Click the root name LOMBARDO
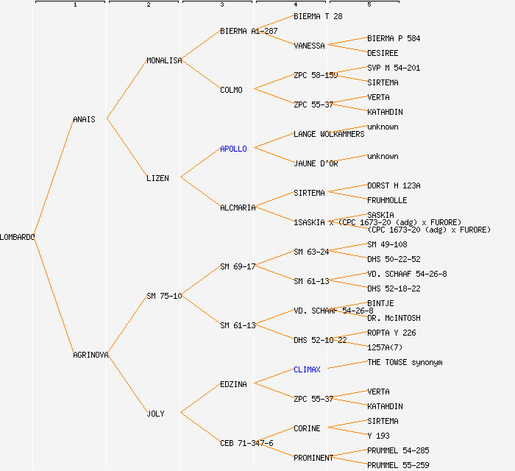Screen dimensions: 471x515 point(18,237)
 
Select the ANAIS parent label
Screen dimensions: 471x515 point(84,119)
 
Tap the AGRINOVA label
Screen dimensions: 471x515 point(90,355)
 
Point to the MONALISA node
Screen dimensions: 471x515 point(164,60)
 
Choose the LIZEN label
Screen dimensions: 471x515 point(157,178)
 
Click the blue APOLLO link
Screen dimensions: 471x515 point(233,149)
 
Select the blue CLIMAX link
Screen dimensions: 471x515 point(307,369)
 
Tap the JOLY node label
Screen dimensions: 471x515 point(155,414)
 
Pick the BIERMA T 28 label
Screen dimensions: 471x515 point(318,16)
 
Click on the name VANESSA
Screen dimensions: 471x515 point(309,46)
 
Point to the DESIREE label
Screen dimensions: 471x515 point(383,53)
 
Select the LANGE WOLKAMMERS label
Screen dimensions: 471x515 point(329,134)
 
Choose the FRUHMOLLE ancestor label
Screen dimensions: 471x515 point(387,200)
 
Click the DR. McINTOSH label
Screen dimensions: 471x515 point(394,318)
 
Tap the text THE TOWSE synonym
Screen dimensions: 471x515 point(405,362)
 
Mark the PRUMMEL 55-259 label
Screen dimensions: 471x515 point(398,465)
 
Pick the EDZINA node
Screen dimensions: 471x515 point(233,384)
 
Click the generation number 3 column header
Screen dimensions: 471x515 point(221,5)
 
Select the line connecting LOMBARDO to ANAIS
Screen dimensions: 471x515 point(53,177)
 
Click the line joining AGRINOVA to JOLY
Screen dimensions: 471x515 point(127,383)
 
